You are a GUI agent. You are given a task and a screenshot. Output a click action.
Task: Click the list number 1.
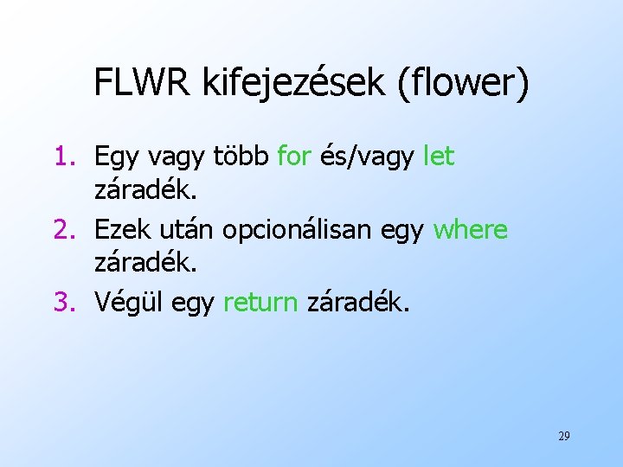67,157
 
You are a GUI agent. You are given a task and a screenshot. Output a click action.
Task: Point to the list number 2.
67,230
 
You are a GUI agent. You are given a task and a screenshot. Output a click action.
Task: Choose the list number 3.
67,303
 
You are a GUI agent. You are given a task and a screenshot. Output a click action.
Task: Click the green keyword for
294,157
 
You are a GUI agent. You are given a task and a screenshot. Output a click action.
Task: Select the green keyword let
439,157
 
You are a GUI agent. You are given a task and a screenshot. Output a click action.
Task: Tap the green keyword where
470,230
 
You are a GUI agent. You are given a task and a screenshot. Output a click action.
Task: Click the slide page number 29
563,436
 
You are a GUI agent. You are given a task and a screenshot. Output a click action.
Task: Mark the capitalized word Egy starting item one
114,158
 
